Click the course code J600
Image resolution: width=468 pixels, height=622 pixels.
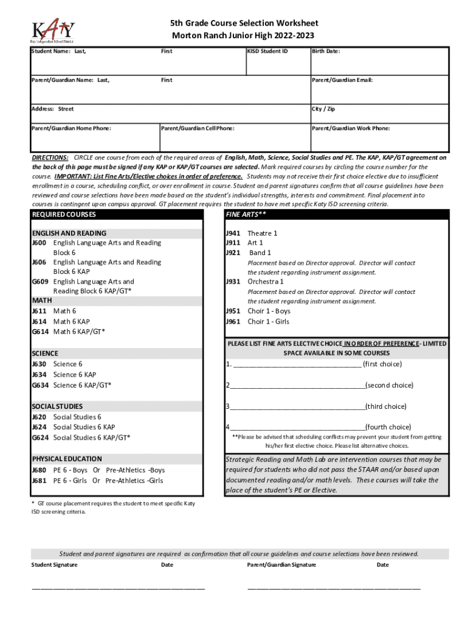40,243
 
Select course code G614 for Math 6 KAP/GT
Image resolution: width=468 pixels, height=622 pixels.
40,332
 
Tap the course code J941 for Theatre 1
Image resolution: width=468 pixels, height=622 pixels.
233,233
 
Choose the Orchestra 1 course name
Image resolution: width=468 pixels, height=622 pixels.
265,282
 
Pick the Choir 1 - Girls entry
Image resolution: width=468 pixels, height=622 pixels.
268,322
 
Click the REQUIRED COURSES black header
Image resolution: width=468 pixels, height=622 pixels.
64,215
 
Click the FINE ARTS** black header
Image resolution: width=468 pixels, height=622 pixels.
246,215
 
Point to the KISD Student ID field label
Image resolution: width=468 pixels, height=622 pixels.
267,52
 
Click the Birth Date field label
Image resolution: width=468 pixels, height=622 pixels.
326,52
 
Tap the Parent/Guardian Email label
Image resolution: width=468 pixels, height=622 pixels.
342,80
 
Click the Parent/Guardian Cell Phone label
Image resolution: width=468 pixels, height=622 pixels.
198,129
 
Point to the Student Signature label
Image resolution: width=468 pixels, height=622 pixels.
55,565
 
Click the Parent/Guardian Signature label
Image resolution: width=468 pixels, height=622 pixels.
281,565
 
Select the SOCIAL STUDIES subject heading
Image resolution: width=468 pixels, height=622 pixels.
58,406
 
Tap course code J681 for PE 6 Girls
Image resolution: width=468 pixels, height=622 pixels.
40,481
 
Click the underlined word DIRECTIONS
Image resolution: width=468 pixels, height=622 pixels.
50,157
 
